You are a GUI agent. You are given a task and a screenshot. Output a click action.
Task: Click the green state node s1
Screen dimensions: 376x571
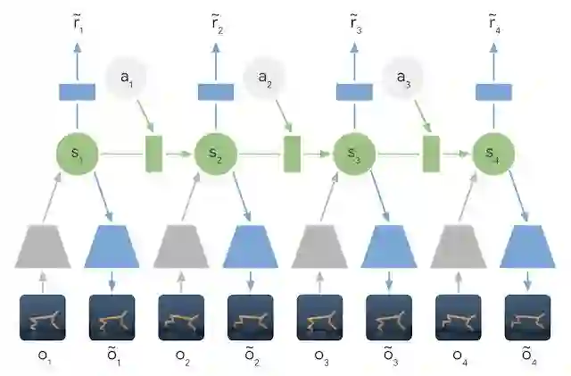point(77,154)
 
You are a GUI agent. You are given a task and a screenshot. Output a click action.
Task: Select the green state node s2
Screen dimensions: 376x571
point(215,154)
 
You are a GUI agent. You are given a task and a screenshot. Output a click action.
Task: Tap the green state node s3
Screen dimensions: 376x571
point(353,154)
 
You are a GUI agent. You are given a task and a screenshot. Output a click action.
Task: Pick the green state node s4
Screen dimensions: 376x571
point(492,154)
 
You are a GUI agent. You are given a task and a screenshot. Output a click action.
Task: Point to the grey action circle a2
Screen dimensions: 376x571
point(263,79)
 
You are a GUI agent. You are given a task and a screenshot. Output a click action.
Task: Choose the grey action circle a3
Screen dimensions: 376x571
point(401,79)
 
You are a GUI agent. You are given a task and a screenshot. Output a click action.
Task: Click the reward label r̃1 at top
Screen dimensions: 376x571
point(77,23)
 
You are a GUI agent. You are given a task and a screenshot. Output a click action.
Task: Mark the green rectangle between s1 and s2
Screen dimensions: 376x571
point(153,154)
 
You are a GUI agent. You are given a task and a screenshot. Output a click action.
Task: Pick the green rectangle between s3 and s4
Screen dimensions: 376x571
point(431,154)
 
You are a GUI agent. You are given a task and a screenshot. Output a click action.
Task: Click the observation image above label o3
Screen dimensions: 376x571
point(319,318)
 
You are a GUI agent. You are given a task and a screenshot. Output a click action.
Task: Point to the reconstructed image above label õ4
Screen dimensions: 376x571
point(526,318)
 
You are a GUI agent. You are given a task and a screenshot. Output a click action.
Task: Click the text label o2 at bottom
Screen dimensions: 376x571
point(181,359)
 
